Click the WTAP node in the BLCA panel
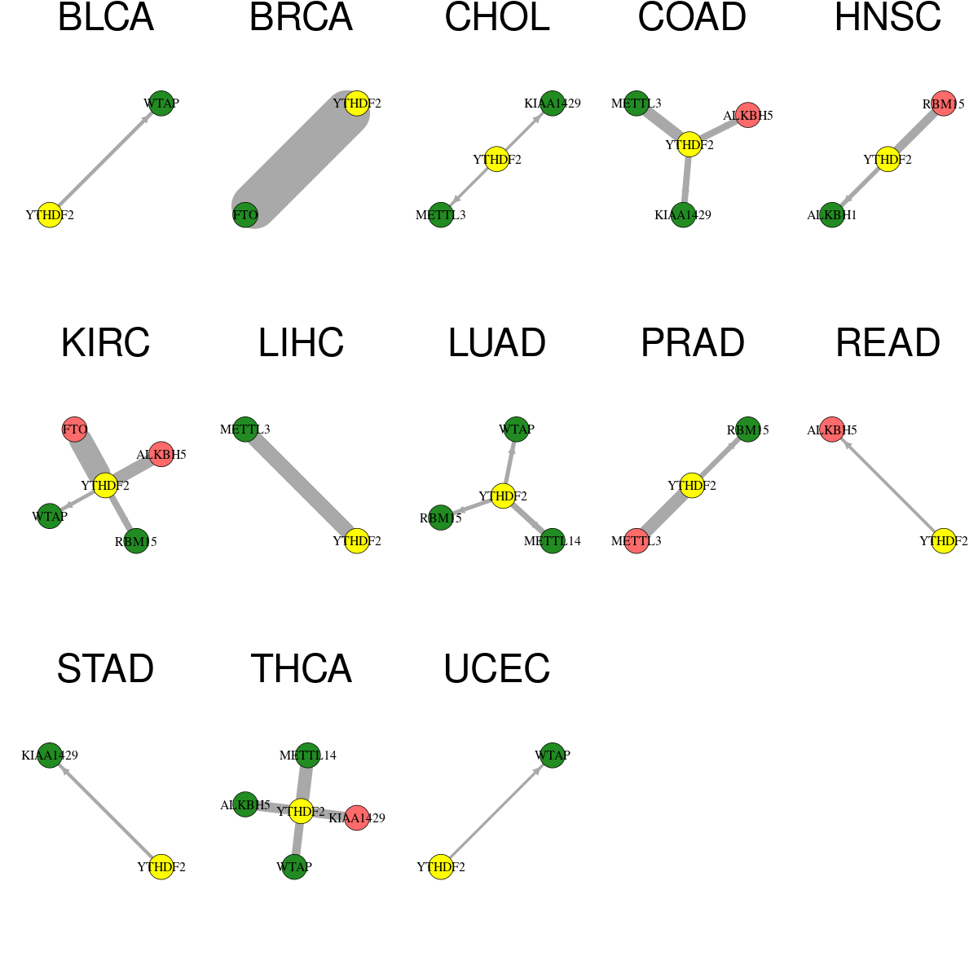(x=161, y=104)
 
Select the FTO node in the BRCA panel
(x=245, y=215)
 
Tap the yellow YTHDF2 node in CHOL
(x=496, y=159)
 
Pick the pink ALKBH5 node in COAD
(x=747, y=115)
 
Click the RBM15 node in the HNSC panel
(x=943, y=104)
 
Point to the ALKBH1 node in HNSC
(x=831, y=215)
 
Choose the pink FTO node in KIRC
(x=75, y=430)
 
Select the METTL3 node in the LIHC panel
(x=245, y=430)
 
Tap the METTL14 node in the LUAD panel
(x=552, y=540)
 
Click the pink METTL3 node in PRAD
(x=637, y=540)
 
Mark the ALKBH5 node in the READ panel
(x=831, y=430)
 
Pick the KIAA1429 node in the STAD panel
(x=50, y=756)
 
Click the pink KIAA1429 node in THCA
(x=356, y=817)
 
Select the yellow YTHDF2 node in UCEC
(x=441, y=866)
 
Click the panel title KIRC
(x=106, y=343)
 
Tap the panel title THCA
(x=301, y=669)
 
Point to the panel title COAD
(x=692, y=17)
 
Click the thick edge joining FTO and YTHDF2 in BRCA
(x=301, y=159)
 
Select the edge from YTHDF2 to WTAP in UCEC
(x=496, y=811)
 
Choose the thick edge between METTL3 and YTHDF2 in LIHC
(x=301, y=485)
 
